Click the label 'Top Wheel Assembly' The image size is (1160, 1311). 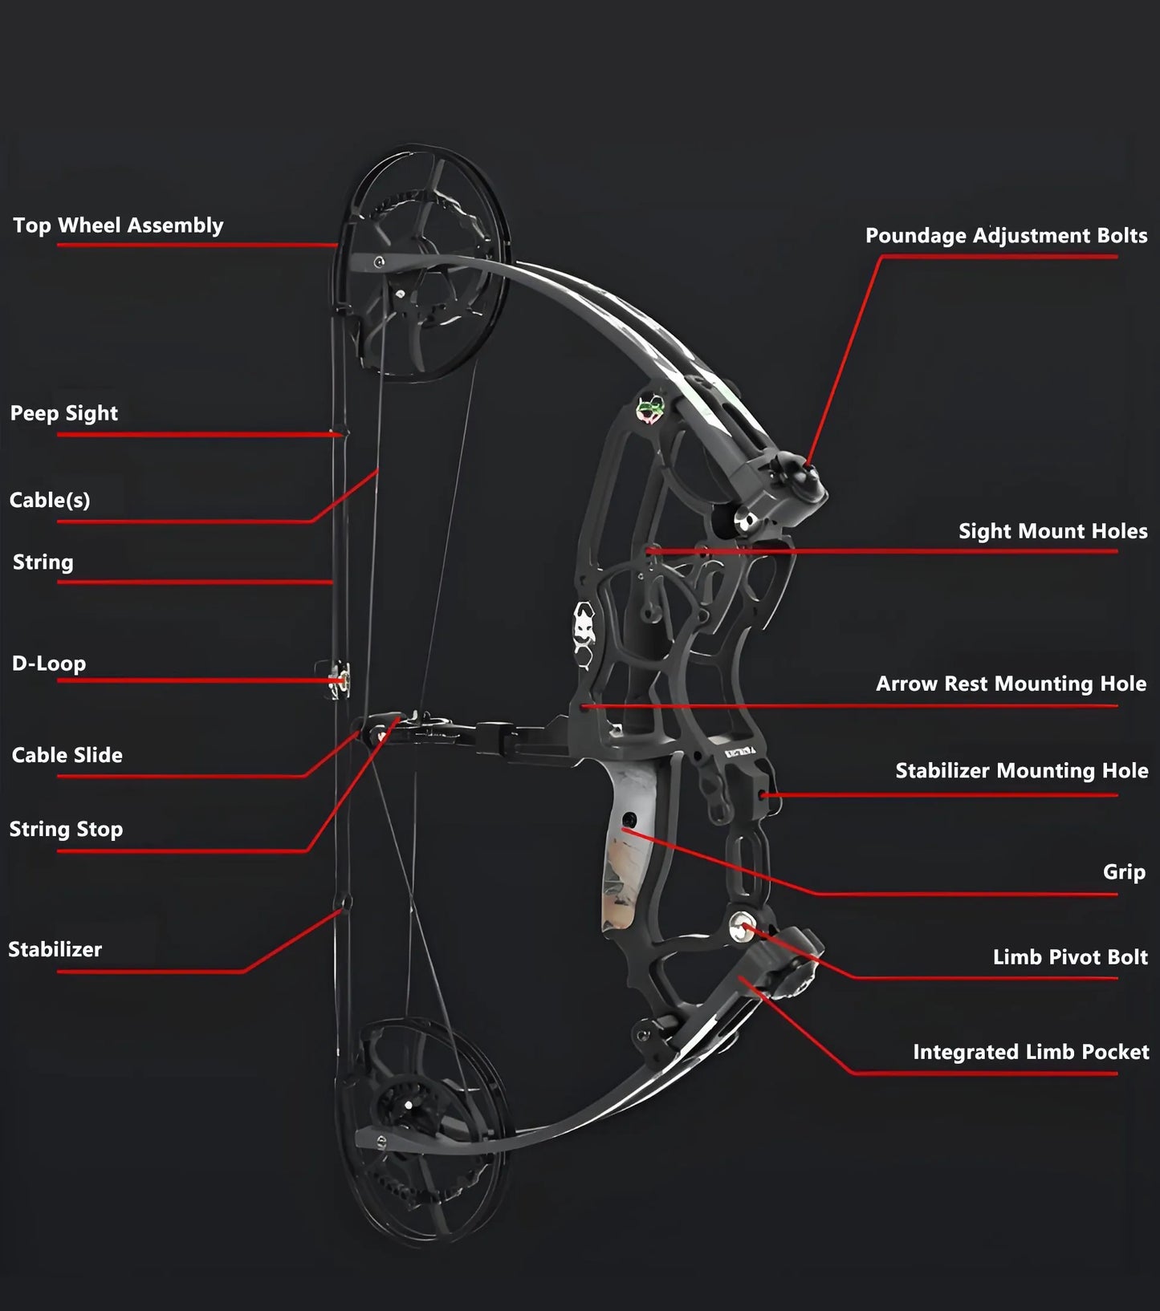[118, 225]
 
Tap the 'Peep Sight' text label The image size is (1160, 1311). [64, 413]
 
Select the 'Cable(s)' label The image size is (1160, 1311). [50, 500]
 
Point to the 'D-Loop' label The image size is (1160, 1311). [49, 664]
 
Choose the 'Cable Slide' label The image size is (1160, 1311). [67, 755]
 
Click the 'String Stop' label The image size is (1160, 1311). [66, 829]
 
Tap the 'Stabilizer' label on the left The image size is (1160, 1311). [55, 949]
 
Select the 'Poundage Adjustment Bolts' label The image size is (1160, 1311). [1006, 236]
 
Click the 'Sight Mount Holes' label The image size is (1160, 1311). [1052, 531]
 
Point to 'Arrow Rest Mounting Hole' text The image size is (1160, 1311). [1011, 684]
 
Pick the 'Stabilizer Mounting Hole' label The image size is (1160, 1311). [1021, 771]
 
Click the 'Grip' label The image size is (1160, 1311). [1124, 872]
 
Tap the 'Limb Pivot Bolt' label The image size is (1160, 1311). [1070, 957]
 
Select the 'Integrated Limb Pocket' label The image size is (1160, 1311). [1031, 1052]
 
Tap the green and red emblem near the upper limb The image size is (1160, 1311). [651, 408]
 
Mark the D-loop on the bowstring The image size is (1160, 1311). [340, 680]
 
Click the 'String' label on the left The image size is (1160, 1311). [43, 562]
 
